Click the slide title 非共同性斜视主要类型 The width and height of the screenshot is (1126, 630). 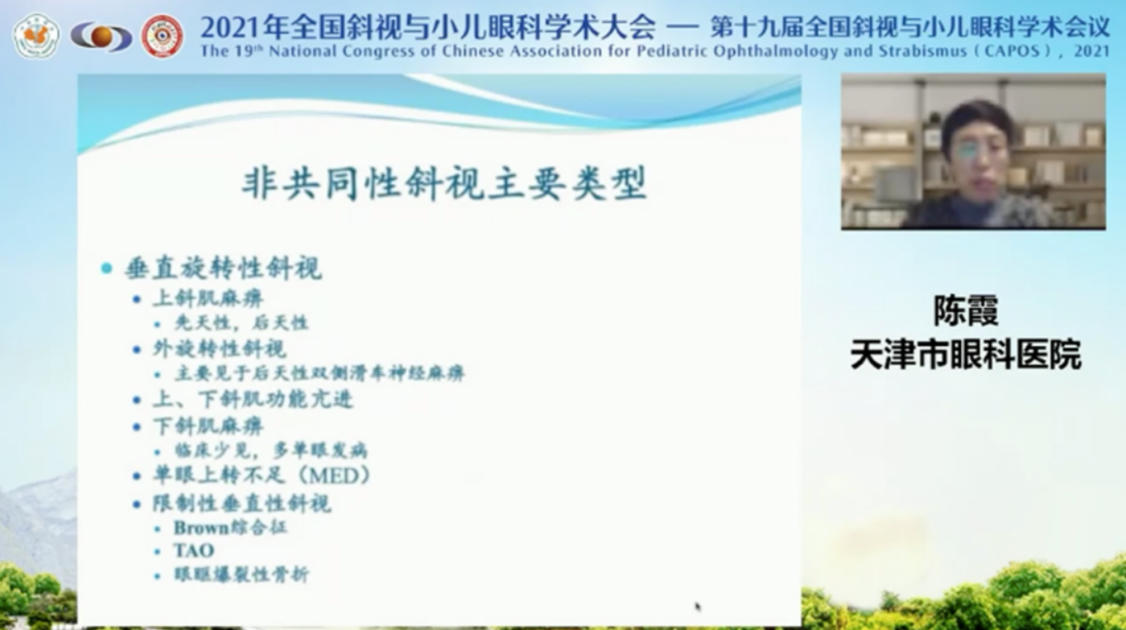444,183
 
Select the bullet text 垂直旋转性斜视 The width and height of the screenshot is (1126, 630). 223,268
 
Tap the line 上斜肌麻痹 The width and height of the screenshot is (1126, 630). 208,299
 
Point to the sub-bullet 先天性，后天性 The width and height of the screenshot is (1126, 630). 241,323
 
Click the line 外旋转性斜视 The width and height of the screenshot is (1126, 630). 220,348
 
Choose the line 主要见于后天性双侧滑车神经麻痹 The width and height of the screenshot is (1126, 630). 319,373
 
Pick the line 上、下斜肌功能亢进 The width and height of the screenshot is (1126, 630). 253,400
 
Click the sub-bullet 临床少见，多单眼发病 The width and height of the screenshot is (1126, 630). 271,450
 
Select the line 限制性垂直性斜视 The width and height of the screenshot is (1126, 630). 243,504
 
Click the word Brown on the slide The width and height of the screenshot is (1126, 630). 201,528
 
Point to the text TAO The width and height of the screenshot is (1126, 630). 194,551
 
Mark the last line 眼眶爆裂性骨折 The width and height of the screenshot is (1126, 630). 241,575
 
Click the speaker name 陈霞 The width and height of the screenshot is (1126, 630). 966,310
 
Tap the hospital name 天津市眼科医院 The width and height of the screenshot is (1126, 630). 966,355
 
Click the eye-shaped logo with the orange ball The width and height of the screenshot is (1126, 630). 101,36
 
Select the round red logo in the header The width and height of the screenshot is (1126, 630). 162,36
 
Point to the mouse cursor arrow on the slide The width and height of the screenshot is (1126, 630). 698,607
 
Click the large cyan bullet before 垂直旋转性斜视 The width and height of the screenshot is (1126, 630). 106,268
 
